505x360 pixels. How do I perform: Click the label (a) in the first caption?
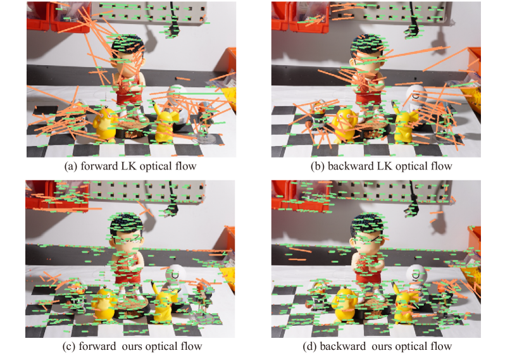tap(71, 166)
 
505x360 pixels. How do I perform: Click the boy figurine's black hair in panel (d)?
tap(368, 223)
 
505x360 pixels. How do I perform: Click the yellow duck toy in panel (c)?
tap(105, 304)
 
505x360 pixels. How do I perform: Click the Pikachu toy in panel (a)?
tap(165, 124)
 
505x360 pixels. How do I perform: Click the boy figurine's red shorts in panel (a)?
tap(129, 97)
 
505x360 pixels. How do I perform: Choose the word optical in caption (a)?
tap(156, 166)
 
